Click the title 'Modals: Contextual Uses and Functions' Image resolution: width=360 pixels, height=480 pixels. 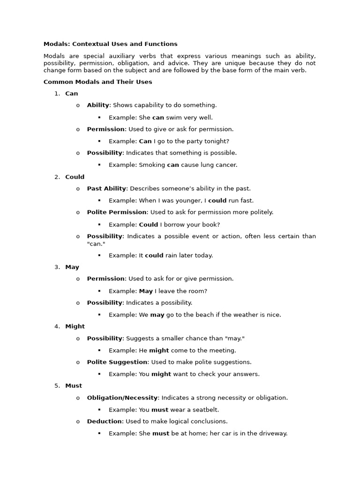click(110, 44)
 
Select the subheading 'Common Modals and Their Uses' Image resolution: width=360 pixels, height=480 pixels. click(97, 82)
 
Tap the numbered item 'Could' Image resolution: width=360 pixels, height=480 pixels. click(75, 177)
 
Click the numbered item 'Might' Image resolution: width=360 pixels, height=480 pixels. click(75, 326)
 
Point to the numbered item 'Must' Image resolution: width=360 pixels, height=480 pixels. click(74, 386)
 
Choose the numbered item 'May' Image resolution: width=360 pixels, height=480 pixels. click(72, 267)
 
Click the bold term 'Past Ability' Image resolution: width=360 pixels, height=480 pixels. click(106, 188)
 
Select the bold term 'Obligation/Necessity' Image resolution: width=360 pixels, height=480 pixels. click(122, 397)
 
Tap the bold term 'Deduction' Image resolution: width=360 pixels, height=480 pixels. click(105, 421)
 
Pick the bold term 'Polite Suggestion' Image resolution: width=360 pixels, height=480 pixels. click(117, 362)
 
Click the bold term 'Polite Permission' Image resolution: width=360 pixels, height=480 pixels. click(117, 212)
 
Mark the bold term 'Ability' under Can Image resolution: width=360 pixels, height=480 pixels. click(98, 105)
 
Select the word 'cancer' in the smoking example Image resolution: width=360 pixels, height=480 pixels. click(226, 165)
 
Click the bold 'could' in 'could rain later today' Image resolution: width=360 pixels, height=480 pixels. click(154, 255)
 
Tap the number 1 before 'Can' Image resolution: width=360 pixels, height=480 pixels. click(57, 94)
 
